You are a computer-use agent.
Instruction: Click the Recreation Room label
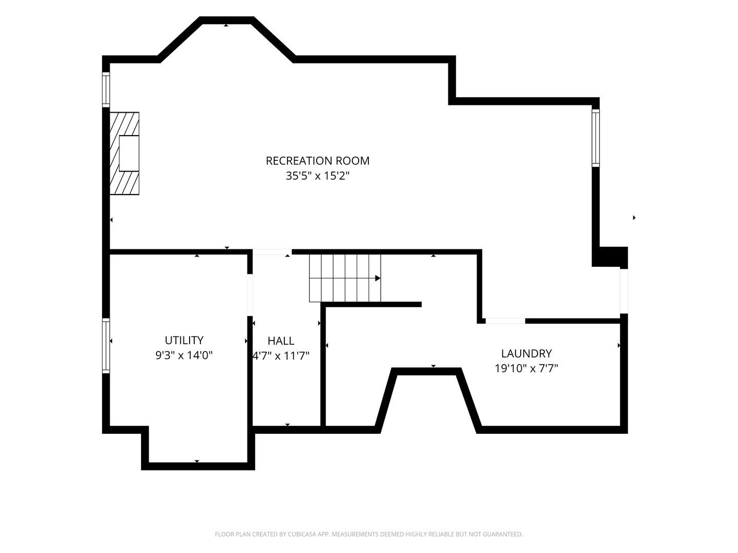(317, 161)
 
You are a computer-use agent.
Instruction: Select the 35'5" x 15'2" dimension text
(317, 176)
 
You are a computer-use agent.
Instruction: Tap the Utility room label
(184, 340)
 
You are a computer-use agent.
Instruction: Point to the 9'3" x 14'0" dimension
(184, 355)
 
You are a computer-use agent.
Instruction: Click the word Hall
(281, 341)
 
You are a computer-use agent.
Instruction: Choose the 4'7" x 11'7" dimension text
(281, 355)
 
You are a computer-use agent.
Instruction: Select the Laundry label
(526, 353)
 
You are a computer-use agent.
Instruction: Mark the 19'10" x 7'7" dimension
(526, 368)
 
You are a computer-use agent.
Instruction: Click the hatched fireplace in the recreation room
(125, 154)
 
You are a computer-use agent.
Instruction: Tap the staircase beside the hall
(345, 278)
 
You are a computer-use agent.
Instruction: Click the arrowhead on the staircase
(378, 279)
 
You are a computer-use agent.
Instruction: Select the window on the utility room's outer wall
(106, 346)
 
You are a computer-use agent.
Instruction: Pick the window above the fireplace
(106, 90)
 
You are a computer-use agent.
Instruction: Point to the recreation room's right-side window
(596, 138)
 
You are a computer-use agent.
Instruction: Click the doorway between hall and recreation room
(272, 252)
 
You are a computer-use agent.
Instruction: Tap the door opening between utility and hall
(250, 295)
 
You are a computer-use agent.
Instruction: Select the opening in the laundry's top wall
(505, 321)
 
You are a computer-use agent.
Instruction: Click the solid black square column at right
(610, 257)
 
